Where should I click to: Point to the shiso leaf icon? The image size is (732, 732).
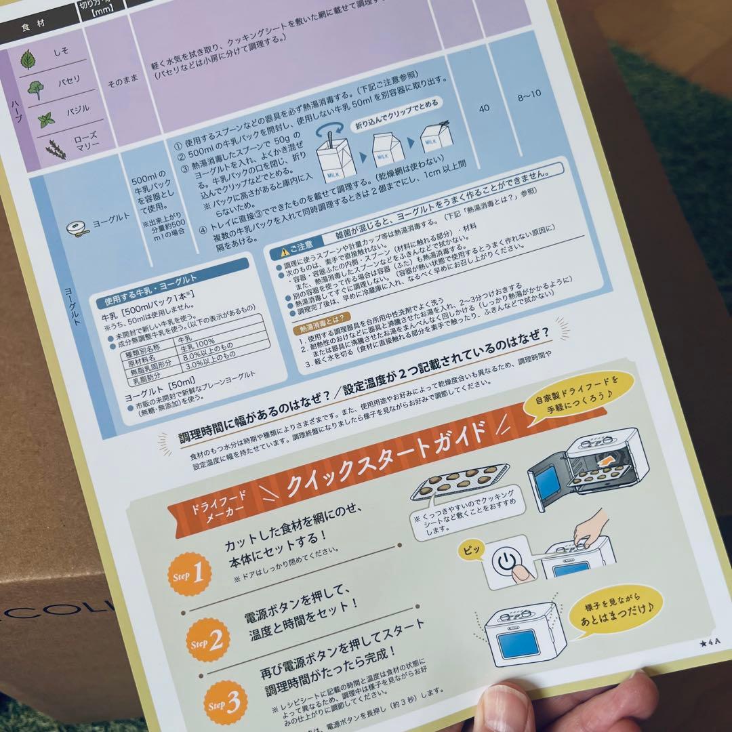pyautogui.click(x=28, y=60)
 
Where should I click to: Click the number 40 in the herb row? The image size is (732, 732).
pyautogui.click(x=483, y=108)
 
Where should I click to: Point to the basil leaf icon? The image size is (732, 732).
pyautogui.click(x=46, y=120)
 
